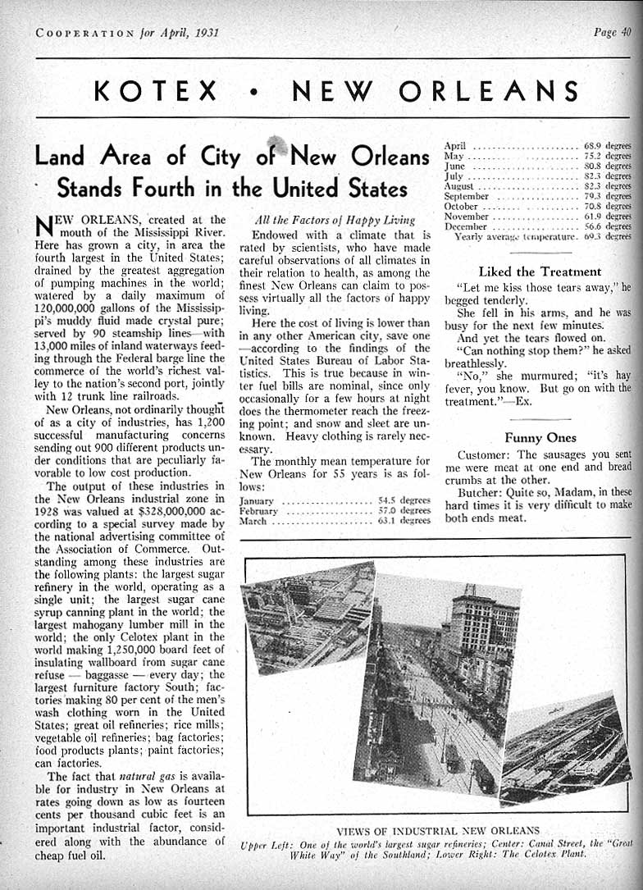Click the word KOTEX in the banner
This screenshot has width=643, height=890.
156,89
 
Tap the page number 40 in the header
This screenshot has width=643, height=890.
625,33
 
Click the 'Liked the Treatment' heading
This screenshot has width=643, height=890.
540,272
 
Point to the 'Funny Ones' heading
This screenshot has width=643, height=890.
540,438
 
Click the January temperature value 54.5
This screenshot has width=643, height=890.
388,500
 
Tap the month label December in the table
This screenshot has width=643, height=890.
466,226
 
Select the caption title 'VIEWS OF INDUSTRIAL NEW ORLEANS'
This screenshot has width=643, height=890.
438,829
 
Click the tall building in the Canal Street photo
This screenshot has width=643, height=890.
484,648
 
